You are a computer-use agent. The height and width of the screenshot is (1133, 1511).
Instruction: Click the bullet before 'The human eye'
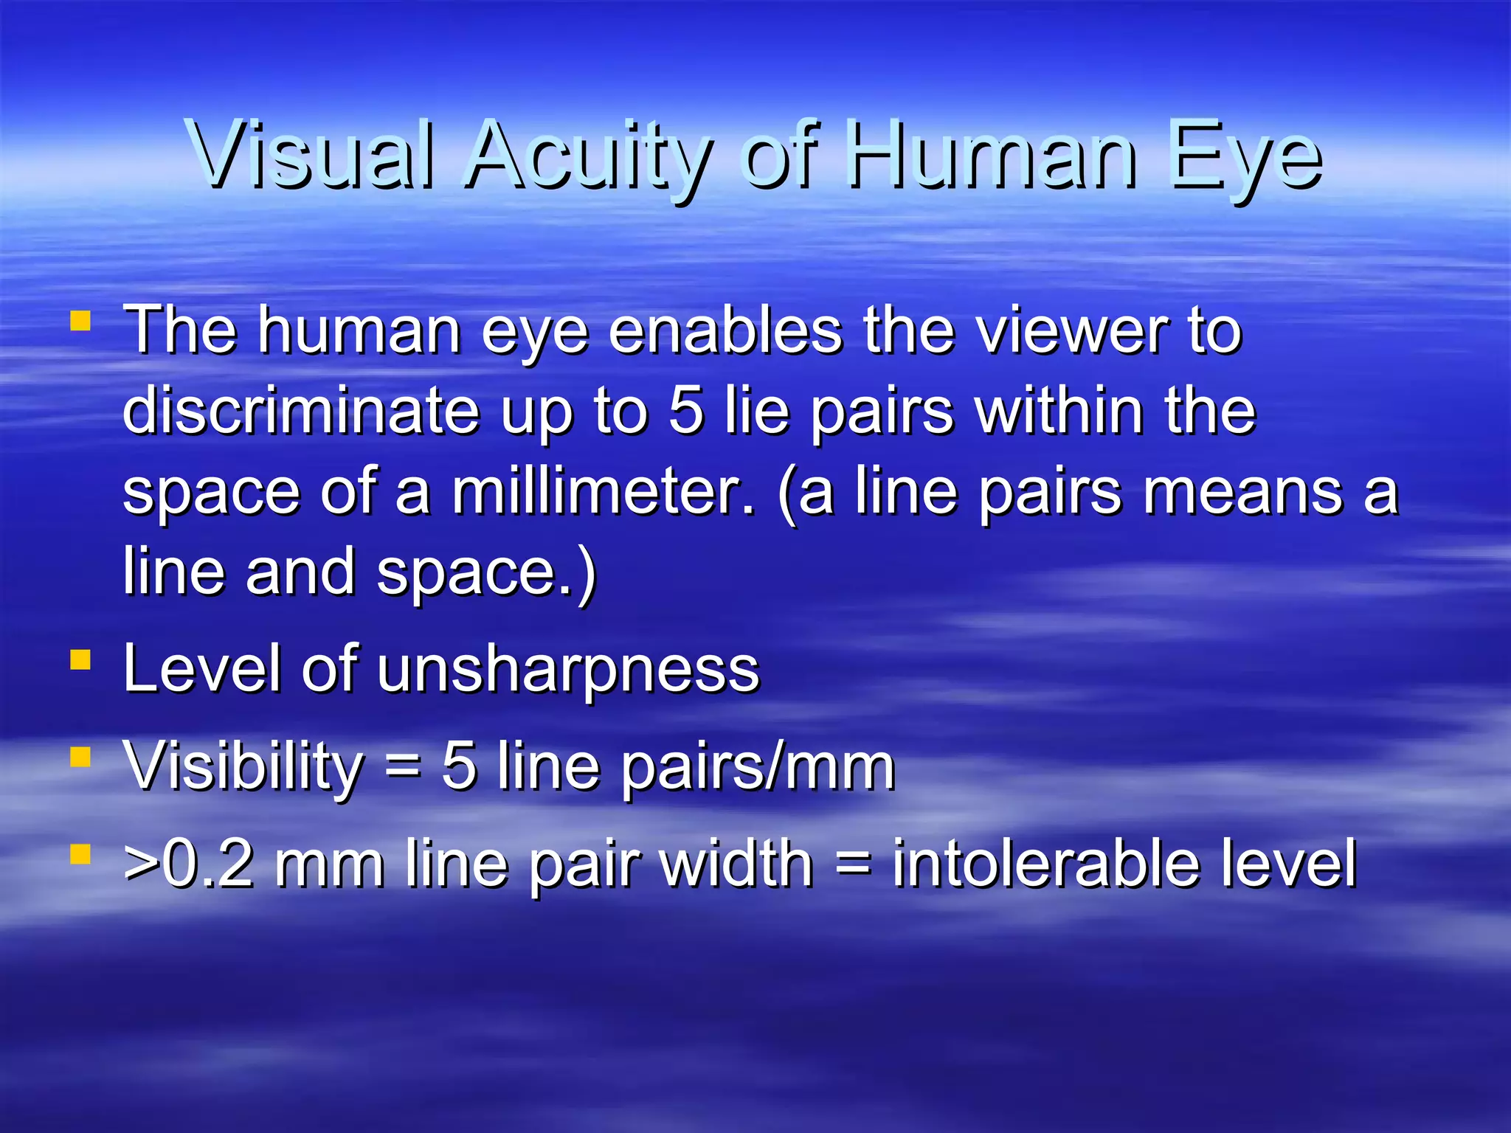pyautogui.click(x=80, y=322)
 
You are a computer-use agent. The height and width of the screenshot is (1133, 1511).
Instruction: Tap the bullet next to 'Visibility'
pyautogui.click(x=80, y=757)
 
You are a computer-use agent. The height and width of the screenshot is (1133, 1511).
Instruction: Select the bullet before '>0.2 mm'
pyautogui.click(x=80, y=854)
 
